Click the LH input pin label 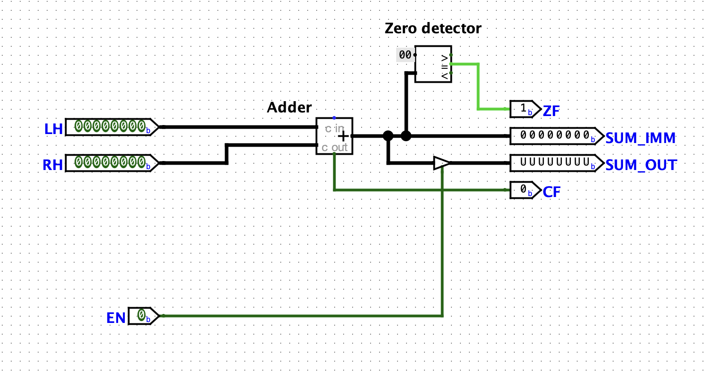pyautogui.click(x=53, y=129)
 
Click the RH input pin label pyautogui.click(x=53, y=165)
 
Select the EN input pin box pyautogui.click(x=143, y=316)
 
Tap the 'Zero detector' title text pyautogui.click(x=433, y=28)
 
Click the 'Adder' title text pyautogui.click(x=289, y=107)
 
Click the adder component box pyautogui.click(x=334, y=136)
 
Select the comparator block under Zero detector pyautogui.click(x=433, y=64)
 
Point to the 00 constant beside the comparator pyautogui.click(x=405, y=55)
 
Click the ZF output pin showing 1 pyautogui.click(x=524, y=109)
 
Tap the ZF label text pyautogui.click(x=551, y=111)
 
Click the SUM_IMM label pyautogui.click(x=640, y=138)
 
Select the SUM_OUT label pyautogui.click(x=641, y=165)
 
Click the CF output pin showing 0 pyautogui.click(x=524, y=190)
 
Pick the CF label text pyautogui.click(x=551, y=192)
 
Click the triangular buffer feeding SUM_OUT pyautogui.click(x=441, y=163)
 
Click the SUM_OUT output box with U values pyautogui.click(x=555, y=163)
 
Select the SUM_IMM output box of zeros pyautogui.click(x=555, y=136)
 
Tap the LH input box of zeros pyautogui.click(x=110, y=127)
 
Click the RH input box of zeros pyautogui.click(x=110, y=163)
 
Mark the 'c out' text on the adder pyautogui.click(x=335, y=148)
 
